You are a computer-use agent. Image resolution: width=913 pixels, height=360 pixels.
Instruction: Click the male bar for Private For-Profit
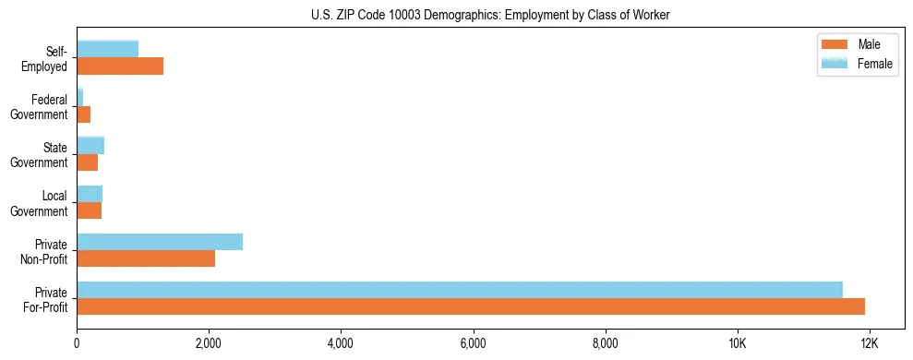click(471, 306)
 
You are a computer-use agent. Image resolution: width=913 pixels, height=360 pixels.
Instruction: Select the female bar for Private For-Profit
click(460, 290)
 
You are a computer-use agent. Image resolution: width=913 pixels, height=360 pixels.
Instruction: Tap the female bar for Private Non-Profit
click(160, 242)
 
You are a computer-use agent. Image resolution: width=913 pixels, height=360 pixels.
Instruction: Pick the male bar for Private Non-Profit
click(146, 258)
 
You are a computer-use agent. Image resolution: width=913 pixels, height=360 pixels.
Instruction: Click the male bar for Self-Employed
click(120, 66)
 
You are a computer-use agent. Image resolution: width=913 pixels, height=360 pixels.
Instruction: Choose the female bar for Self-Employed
click(108, 49)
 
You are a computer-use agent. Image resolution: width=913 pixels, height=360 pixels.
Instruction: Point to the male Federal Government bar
click(84, 114)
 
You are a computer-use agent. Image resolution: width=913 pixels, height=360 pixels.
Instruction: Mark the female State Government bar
click(90, 145)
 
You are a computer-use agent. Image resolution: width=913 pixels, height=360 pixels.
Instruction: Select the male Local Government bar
click(90, 210)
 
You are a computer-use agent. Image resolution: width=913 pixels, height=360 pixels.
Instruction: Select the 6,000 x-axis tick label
click(473, 343)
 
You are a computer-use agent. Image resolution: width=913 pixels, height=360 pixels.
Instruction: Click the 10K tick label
click(737, 343)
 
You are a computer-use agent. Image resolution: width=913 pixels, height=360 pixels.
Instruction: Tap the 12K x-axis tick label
click(869, 343)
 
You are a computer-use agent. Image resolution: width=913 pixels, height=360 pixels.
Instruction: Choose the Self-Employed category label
click(46, 58)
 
